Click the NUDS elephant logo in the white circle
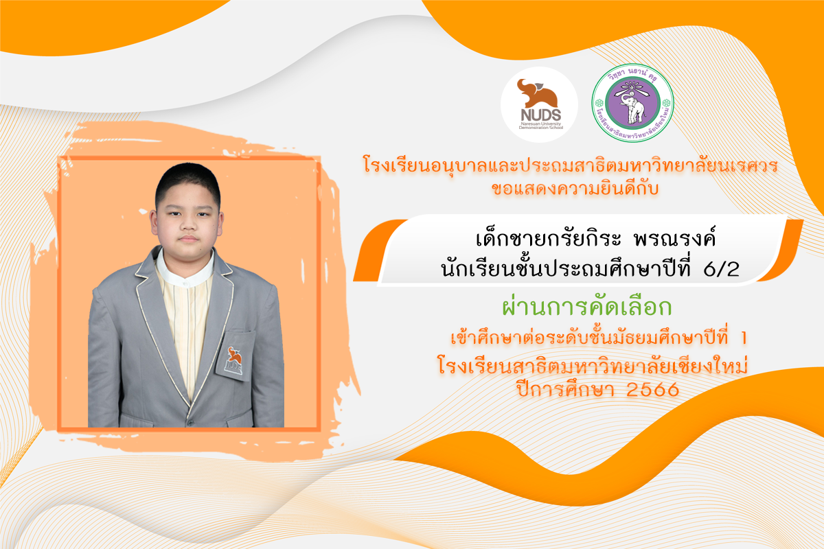[538, 104]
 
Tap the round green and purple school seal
[632, 104]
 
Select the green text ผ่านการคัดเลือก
[587, 307]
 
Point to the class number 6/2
[722, 269]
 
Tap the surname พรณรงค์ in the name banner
[674, 239]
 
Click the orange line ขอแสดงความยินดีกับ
[575, 188]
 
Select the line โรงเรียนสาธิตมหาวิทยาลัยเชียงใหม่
[593, 365]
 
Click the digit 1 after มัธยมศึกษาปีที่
[744, 338]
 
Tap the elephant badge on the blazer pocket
[234, 360]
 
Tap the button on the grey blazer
[190, 422]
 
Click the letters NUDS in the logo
[541, 115]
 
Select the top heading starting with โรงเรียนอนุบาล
[571, 165]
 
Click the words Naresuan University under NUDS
[540, 124]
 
